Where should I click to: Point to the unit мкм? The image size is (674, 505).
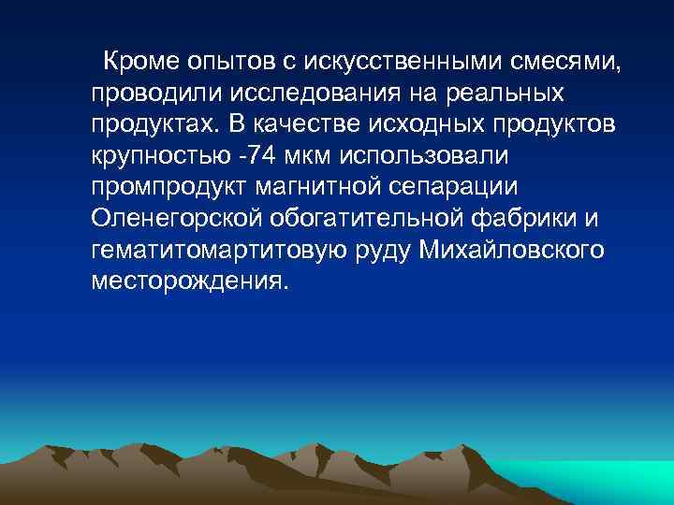(335, 155)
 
